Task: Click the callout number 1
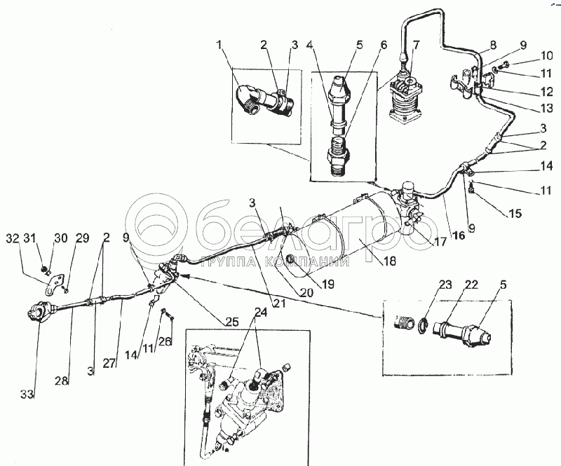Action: click(x=221, y=47)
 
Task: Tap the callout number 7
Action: click(x=417, y=46)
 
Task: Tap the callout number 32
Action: click(x=12, y=238)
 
